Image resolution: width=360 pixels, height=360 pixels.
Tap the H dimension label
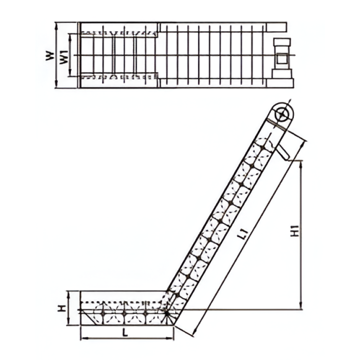point(62,308)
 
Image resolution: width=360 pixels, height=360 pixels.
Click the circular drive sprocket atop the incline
point(281,114)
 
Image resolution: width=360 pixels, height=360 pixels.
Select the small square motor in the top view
point(282,59)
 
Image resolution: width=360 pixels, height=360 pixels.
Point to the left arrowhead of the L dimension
point(82,339)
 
